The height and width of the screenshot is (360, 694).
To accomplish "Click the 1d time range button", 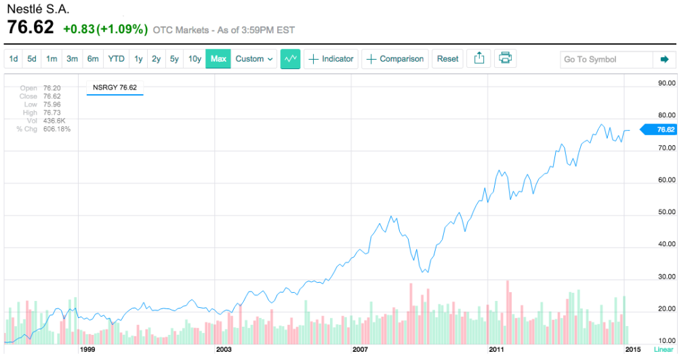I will (x=14, y=59).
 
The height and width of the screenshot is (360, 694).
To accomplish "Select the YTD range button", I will (x=117, y=59).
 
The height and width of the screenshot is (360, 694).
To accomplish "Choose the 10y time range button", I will (x=195, y=59).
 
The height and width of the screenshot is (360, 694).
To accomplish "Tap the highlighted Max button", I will (x=218, y=59).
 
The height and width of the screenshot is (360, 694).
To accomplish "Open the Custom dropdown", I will (x=254, y=59).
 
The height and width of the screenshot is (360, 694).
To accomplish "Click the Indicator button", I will (x=331, y=59).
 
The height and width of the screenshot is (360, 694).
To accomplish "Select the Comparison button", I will (x=395, y=59).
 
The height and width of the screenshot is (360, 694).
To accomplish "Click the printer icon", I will (x=505, y=58).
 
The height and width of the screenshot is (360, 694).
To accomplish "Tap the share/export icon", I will (x=479, y=58).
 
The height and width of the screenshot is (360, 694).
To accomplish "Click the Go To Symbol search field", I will (x=605, y=60).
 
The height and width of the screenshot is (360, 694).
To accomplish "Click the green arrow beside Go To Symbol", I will (x=664, y=60).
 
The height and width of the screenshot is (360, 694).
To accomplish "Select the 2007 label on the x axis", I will (x=360, y=350).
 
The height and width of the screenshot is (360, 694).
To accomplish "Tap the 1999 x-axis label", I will (x=87, y=350).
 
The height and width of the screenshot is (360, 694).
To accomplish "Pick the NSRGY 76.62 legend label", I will (x=115, y=87).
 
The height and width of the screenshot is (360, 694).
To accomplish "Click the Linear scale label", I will (x=664, y=350).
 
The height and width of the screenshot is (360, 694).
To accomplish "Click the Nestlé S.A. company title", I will (x=38, y=10).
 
